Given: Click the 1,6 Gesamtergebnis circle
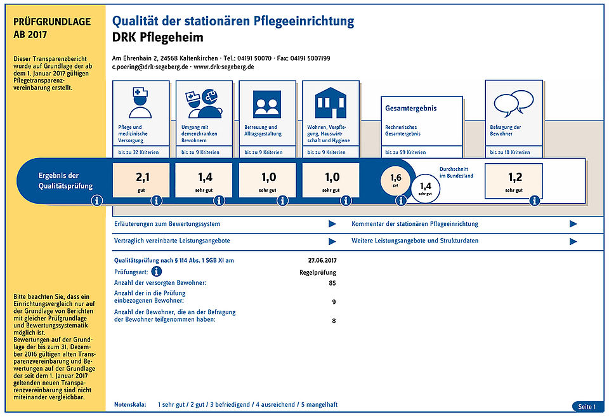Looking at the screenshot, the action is click(x=395, y=180).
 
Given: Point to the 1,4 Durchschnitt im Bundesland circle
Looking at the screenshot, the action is click(x=425, y=189).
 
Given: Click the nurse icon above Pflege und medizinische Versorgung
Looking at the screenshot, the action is click(x=140, y=103).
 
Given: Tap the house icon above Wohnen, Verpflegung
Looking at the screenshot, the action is click(x=331, y=103).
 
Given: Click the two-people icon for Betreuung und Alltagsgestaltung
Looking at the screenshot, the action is click(x=267, y=104).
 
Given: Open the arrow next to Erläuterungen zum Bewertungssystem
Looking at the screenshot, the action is click(x=332, y=224).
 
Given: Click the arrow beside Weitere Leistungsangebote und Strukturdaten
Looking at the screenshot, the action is click(x=573, y=241).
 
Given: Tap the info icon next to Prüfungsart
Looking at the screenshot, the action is click(x=157, y=271).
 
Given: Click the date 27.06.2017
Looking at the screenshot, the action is click(x=322, y=260).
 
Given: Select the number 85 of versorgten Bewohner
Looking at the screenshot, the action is click(x=332, y=283).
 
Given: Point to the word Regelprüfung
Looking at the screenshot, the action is click(x=318, y=272).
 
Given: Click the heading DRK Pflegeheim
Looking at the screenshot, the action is click(x=158, y=37).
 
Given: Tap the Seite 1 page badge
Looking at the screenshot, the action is click(x=587, y=406).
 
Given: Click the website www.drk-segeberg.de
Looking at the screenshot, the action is click(x=224, y=67).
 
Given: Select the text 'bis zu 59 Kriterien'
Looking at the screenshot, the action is click(x=405, y=152).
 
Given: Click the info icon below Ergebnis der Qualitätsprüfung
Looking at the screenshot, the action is click(x=96, y=201).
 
